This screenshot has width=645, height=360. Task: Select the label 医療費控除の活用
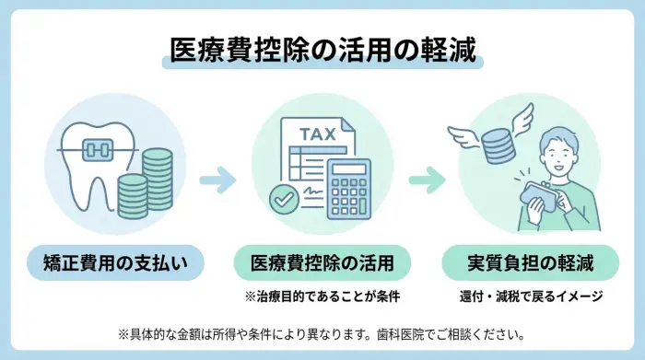322,263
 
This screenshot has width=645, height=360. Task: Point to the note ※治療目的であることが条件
322,296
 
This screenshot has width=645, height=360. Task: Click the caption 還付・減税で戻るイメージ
530,296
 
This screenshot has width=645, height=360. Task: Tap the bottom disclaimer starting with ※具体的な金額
322,332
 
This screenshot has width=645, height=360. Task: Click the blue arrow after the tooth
216,176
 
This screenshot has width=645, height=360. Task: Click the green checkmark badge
281,197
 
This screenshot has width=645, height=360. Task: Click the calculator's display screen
349,170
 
